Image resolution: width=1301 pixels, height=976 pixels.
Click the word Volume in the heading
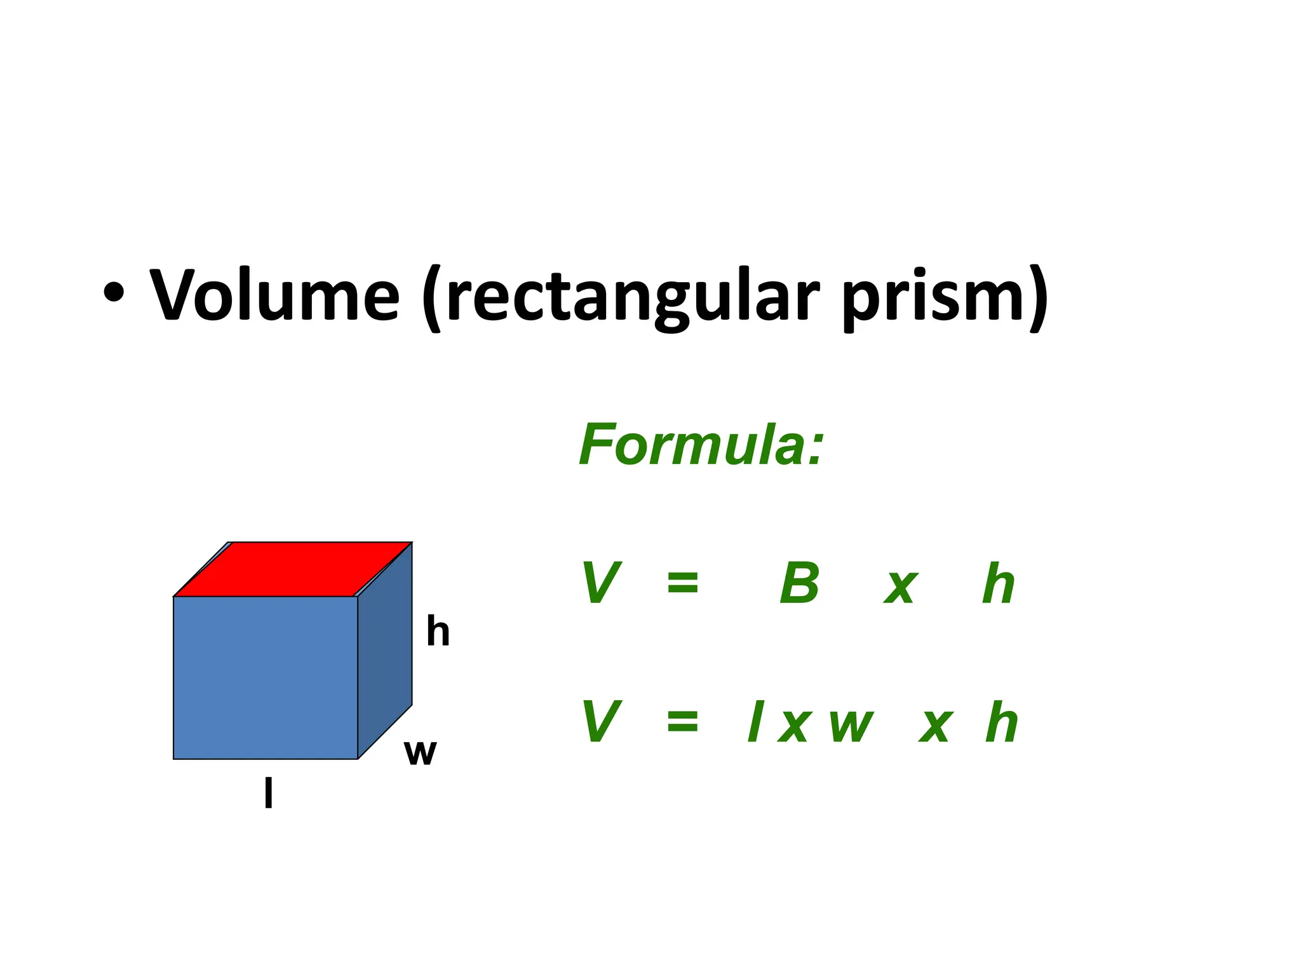click(x=274, y=295)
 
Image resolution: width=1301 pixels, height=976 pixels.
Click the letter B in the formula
click(x=800, y=583)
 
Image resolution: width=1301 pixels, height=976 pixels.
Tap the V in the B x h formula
click(x=601, y=583)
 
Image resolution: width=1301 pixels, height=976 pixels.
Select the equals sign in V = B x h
click(x=683, y=582)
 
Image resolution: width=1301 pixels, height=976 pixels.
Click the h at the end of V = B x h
click(x=998, y=583)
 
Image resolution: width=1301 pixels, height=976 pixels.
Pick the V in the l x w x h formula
click(x=601, y=722)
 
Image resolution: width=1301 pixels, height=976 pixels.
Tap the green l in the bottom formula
click(x=755, y=722)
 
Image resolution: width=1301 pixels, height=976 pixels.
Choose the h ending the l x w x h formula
click(x=1002, y=722)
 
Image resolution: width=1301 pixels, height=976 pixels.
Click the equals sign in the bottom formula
click(x=683, y=721)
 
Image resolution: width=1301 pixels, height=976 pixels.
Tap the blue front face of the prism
click(x=266, y=677)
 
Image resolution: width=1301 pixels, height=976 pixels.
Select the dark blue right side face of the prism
click(x=386, y=654)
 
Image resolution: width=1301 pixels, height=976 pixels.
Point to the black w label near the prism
click(x=420, y=754)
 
